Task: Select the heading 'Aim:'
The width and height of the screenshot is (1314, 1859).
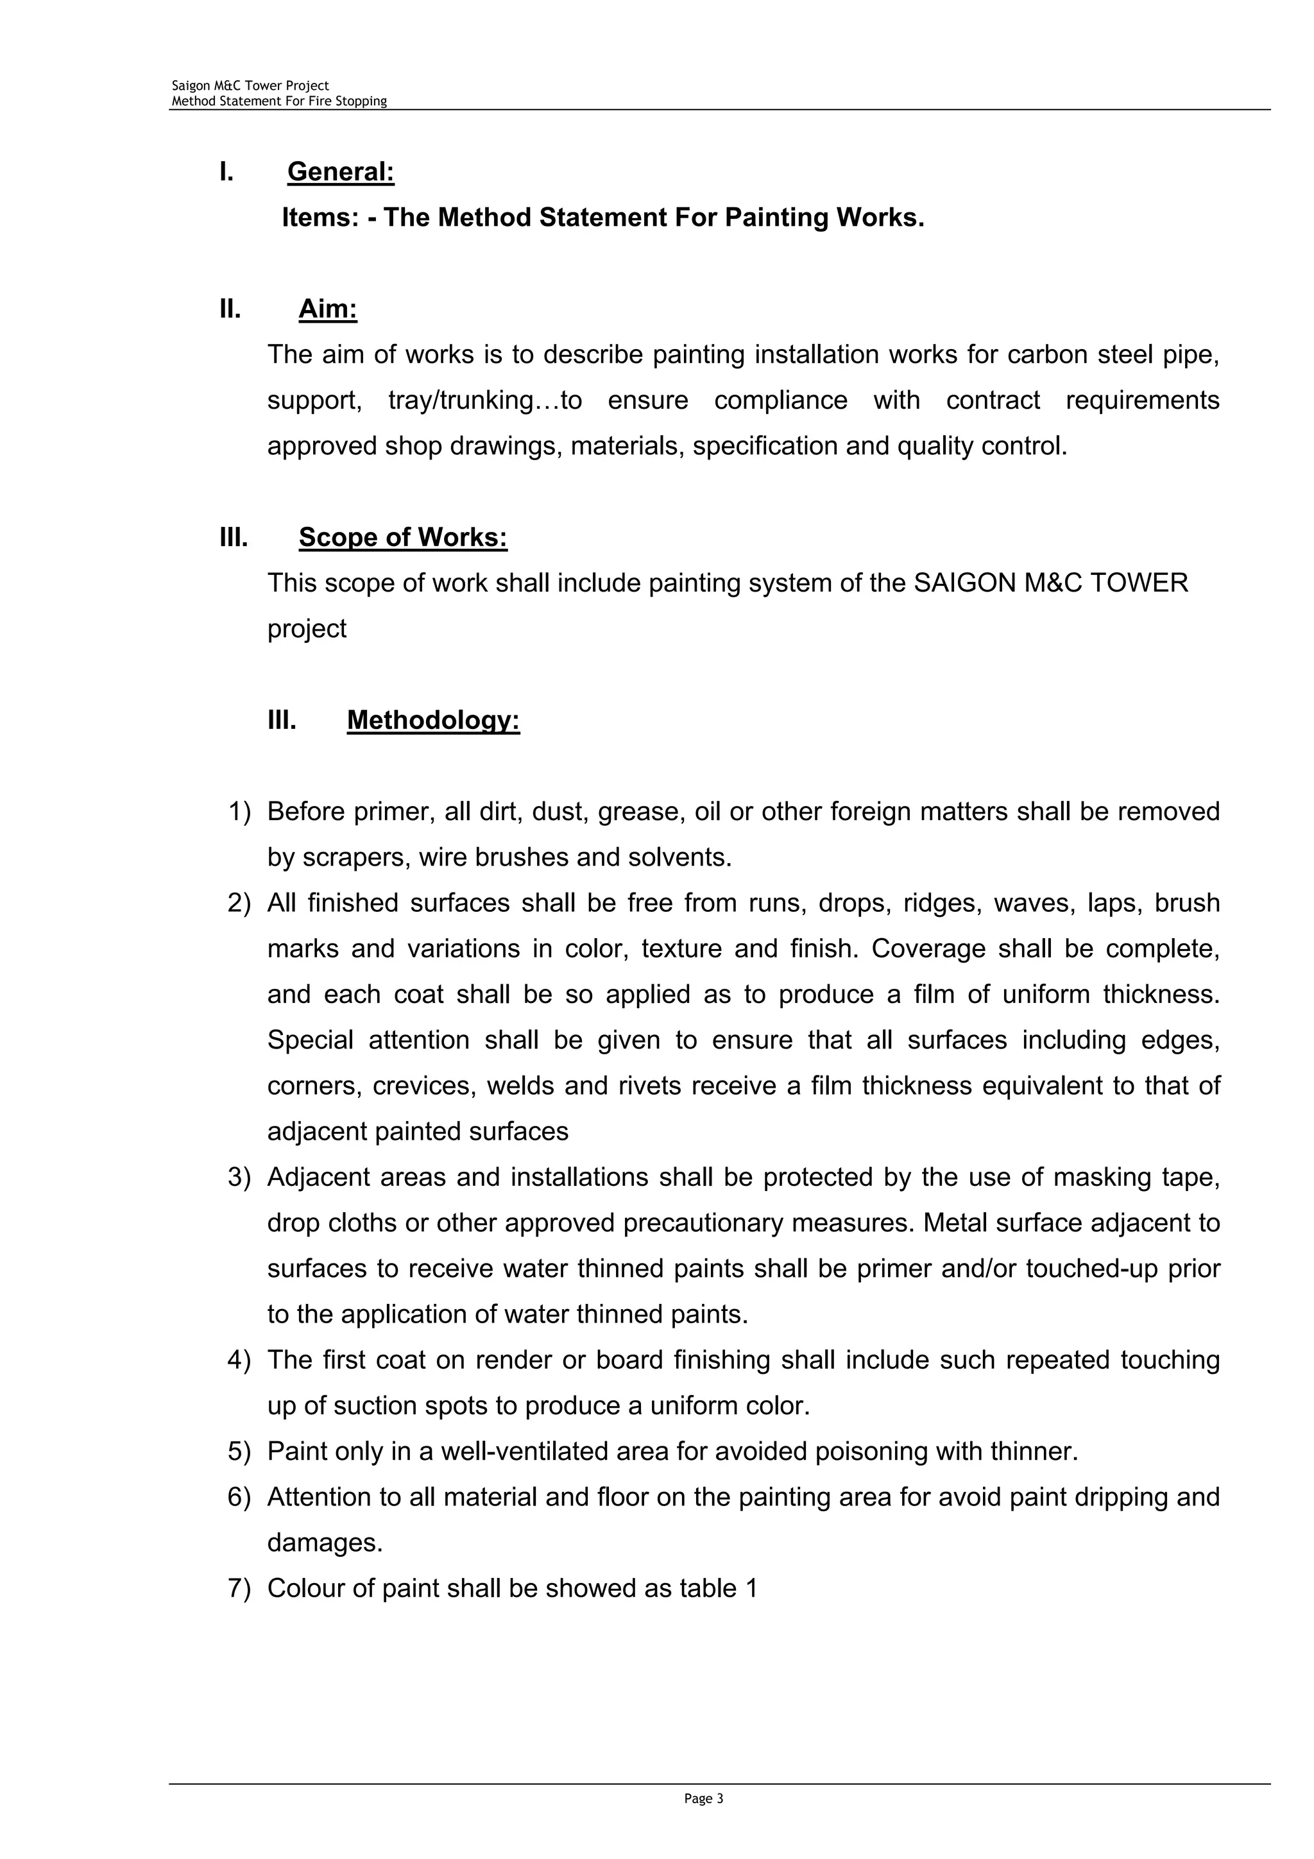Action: click(328, 309)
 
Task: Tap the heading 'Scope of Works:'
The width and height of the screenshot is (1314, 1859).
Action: click(402, 537)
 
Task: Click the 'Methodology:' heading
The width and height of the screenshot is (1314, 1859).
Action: click(433, 720)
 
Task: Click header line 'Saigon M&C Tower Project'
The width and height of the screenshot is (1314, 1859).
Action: click(250, 86)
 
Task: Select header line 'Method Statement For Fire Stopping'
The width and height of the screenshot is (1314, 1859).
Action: click(278, 101)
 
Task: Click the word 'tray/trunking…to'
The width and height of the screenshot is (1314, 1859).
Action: click(485, 400)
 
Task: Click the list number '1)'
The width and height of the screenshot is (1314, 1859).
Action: click(240, 811)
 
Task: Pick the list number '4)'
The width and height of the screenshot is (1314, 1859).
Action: click(240, 1359)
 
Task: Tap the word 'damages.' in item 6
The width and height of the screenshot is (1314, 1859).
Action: click(325, 1543)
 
